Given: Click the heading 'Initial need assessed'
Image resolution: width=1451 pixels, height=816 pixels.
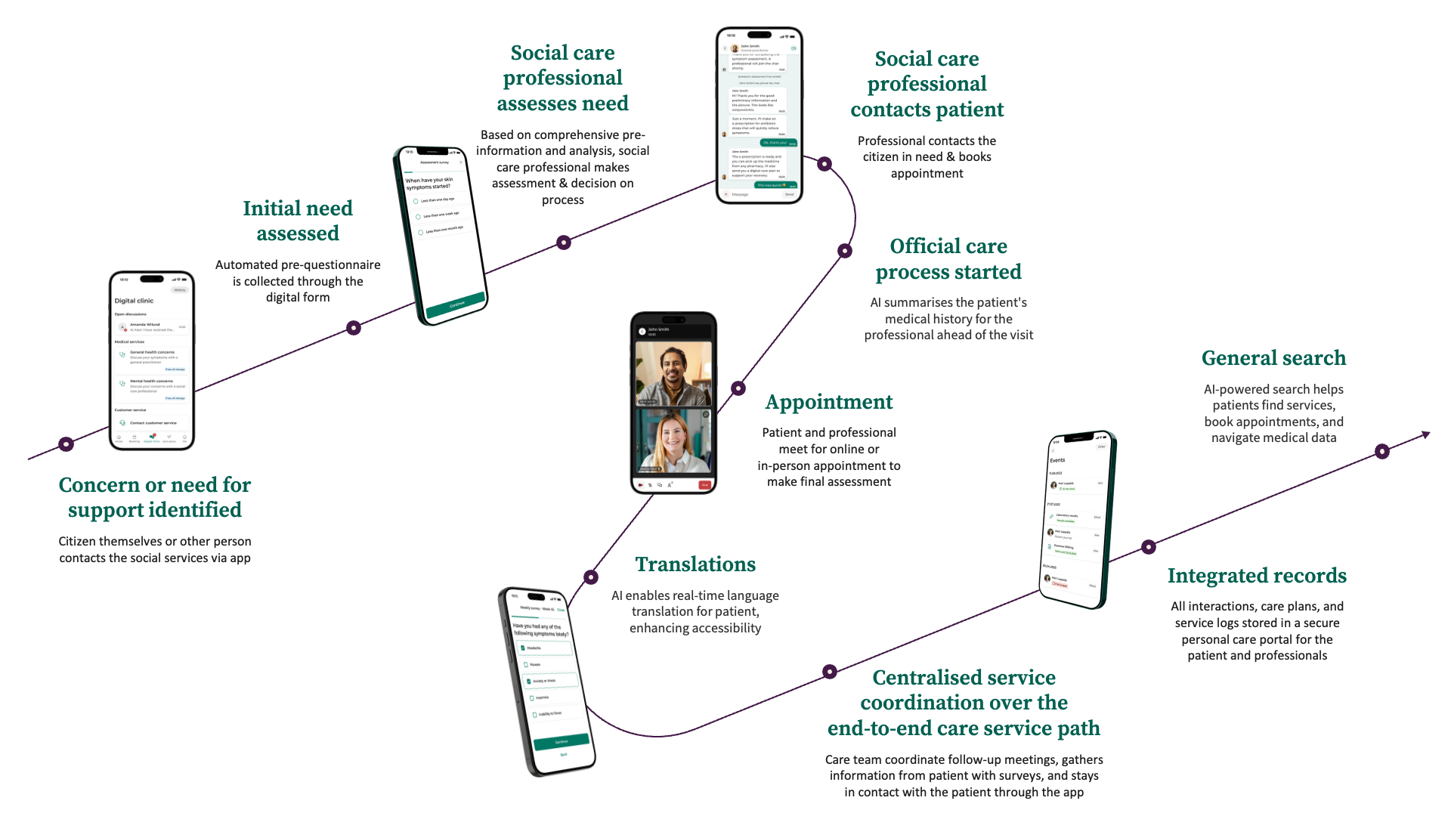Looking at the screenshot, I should click(x=298, y=221).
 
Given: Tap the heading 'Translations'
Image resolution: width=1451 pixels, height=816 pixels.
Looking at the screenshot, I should click(x=695, y=564).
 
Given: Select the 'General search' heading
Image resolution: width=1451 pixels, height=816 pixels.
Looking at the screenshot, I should click(x=1273, y=358).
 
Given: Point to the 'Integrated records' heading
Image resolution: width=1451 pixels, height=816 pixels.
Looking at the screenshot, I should click(x=1257, y=576).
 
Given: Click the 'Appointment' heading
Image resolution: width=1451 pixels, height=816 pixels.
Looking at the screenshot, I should click(x=829, y=402).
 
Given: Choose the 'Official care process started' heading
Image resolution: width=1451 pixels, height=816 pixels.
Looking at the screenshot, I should click(x=948, y=259).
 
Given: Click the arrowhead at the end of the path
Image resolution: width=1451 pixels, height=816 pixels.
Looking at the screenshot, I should click(x=1425, y=434).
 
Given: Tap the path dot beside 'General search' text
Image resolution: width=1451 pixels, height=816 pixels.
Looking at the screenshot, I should click(x=1382, y=452).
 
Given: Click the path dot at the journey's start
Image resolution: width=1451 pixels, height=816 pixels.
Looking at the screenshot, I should click(x=67, y=444).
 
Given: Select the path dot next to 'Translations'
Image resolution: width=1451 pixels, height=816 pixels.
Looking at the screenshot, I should click(x=591, y=577).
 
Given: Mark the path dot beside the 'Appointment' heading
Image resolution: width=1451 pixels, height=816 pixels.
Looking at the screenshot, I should click(x=738, y=388).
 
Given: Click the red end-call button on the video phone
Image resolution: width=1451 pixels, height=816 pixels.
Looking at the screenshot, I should click(x=704, y=485).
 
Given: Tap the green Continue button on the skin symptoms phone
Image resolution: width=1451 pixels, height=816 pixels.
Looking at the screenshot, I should click(x=456, y=304).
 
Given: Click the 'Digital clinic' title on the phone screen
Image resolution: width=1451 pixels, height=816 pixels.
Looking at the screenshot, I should click(x=134, y=301).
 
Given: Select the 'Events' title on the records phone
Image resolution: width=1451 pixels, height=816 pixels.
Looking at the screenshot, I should click(x=1057, y=460).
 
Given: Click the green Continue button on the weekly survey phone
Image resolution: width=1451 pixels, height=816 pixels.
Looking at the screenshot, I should click(x=562, y=742).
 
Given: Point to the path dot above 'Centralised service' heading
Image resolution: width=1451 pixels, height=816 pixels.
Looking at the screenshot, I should click(x=830, y=672).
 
